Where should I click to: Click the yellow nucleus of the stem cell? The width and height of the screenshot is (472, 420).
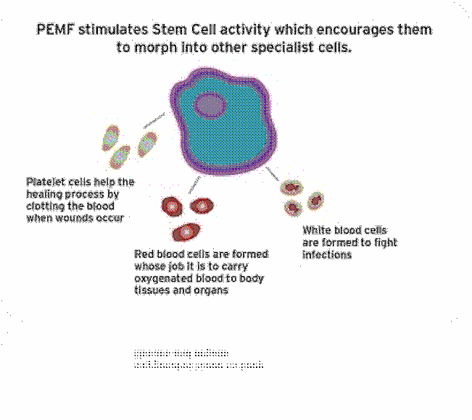click(211, 106)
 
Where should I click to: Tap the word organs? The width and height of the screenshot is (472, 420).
click(211, 290)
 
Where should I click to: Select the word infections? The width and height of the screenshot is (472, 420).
click(327, 255)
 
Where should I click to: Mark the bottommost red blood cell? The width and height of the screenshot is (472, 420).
click(186, 232)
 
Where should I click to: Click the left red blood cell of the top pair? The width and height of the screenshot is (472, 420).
click(172, 207)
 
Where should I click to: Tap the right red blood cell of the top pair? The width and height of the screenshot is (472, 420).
click(202, 206)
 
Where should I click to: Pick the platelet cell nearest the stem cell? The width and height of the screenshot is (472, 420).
click(148, 142)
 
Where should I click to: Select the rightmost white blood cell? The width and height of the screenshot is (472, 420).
click(315, 201)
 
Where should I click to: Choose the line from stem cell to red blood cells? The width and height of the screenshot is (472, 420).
click(193, 184)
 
